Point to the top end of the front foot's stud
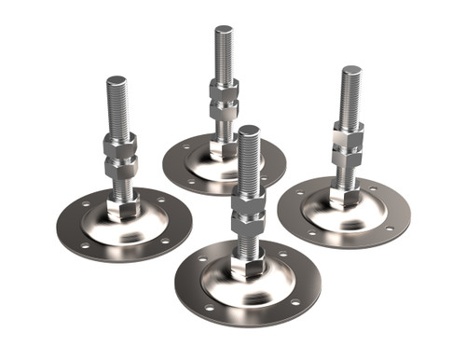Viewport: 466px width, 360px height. coord(248,132)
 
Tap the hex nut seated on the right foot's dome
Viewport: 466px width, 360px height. coord(346,196)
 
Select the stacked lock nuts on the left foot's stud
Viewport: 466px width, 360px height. coord(120,156)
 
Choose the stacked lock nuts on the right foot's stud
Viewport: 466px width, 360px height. coord(348,145)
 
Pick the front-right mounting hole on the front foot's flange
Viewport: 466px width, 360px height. coord(295,301)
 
